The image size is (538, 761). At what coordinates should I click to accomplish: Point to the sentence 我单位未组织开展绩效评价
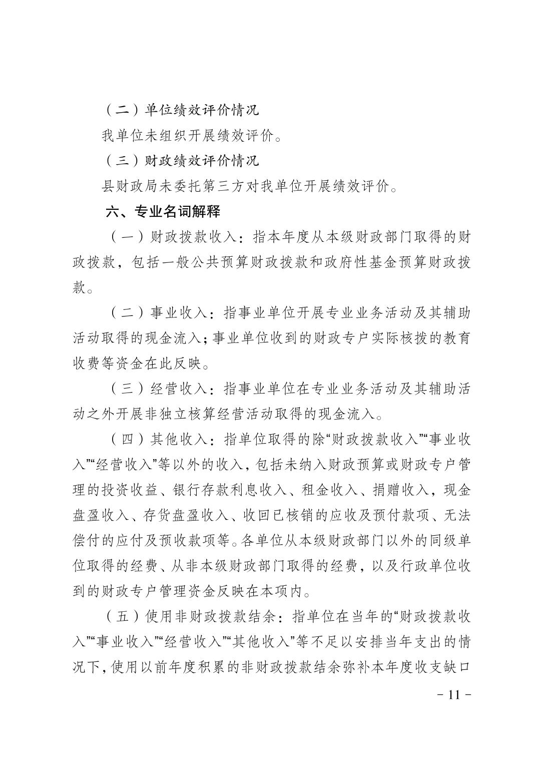pos(191,136)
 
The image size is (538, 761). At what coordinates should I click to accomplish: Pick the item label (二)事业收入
pos(157,314)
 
